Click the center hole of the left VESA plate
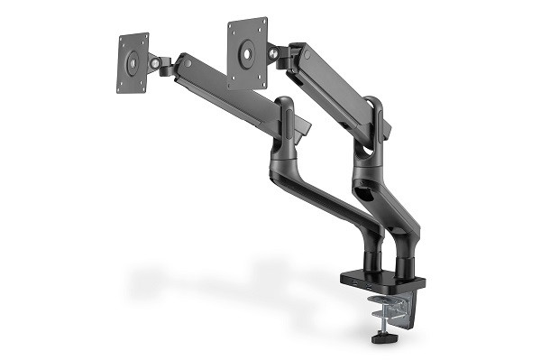click(133, 62)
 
